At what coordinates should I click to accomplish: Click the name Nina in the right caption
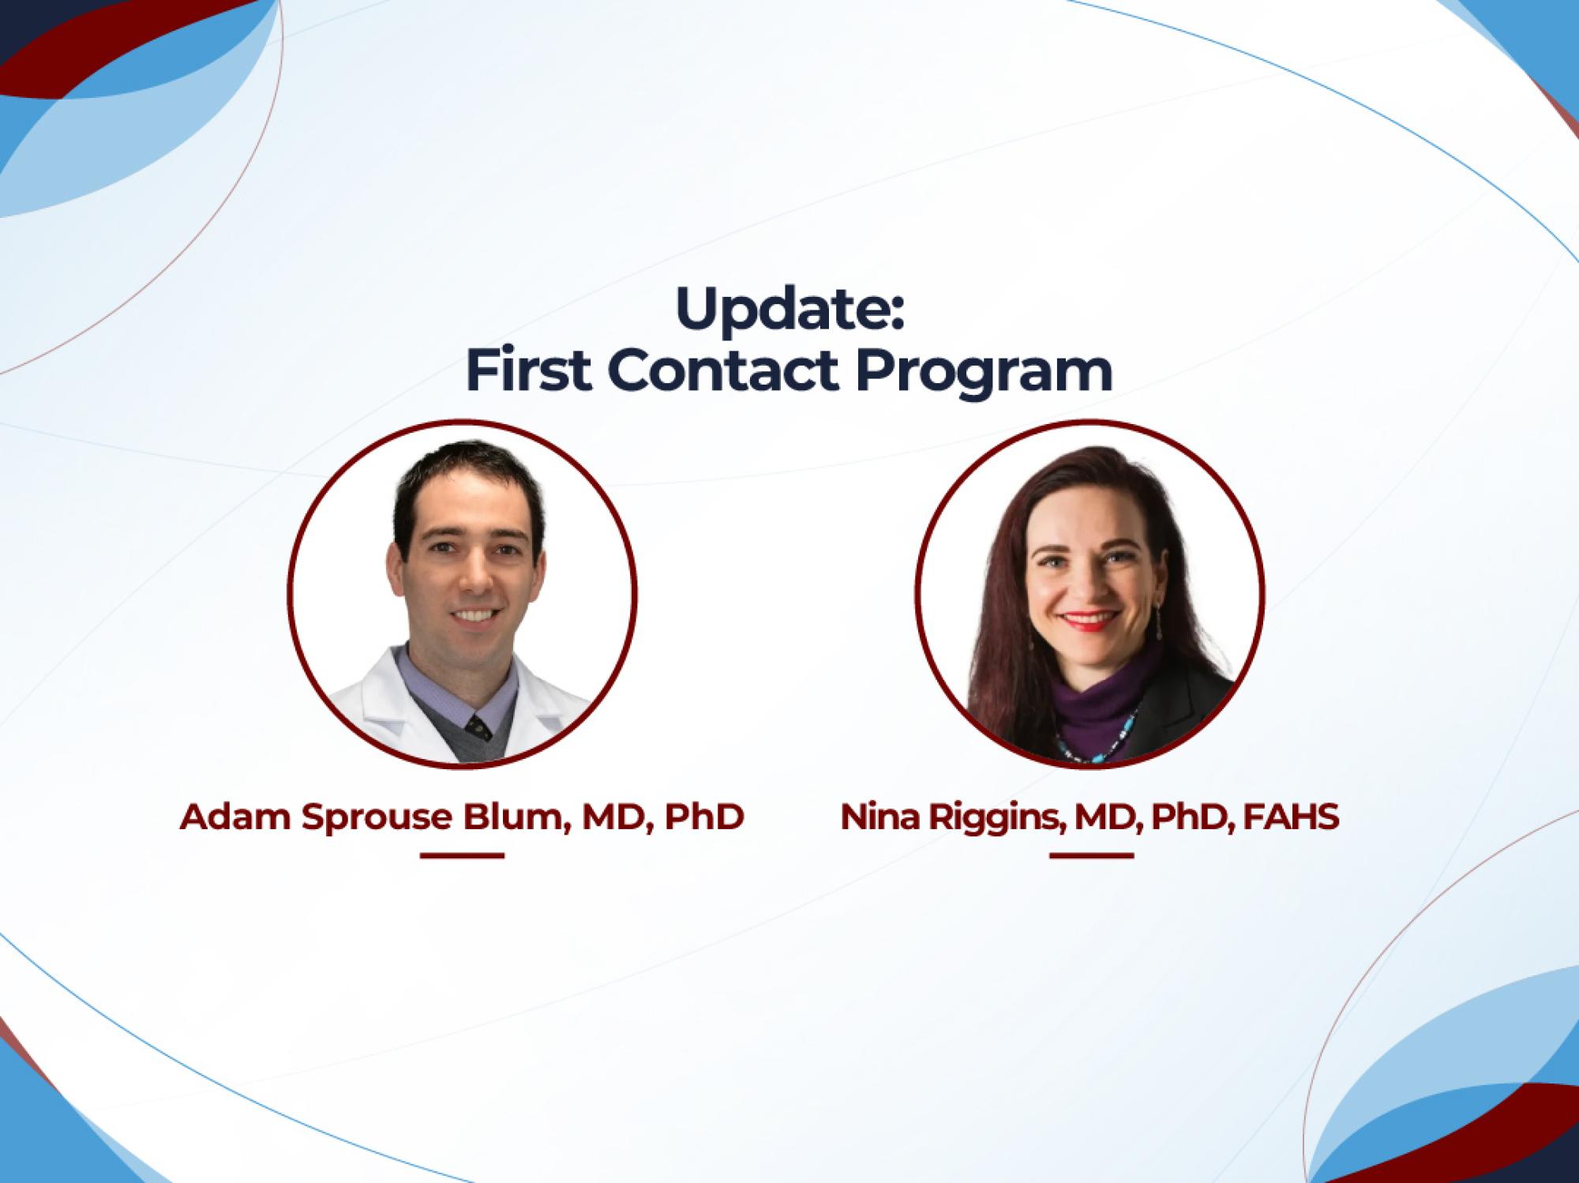tap(880, 817)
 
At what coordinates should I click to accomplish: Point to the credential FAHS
tap(1291, 817)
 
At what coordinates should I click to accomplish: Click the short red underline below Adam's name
tap(462, 855)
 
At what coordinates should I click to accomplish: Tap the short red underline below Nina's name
tap(1091, 855)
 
